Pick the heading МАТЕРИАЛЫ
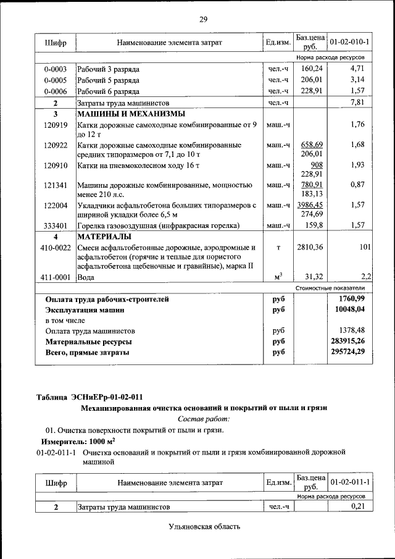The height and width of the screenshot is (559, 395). point(104,237)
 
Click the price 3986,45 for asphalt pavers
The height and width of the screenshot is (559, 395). point(311,204)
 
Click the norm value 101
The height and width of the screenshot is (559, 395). point(364,248)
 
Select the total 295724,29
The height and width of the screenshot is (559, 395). point(348,352)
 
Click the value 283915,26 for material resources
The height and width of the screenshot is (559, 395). point(348,341)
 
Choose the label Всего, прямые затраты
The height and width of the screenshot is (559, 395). point(88,352)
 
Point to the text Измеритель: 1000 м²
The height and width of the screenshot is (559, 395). point(78,442)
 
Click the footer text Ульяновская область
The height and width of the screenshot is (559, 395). point(203,527)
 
